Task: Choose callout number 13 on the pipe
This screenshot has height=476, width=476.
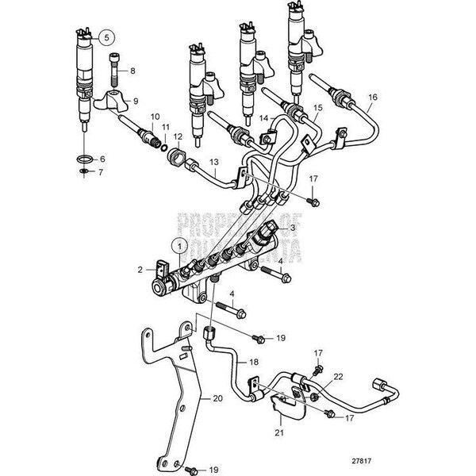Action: (x=213, y=163)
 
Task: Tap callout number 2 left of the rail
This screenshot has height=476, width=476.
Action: (x=140, y=270)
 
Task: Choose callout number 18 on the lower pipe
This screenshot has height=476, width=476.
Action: (x=254, y=361)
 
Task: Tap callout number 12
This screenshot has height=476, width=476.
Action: (x=178, y=136)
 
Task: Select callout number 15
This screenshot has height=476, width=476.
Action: (x=317, y=106)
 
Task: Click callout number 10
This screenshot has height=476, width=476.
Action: (x=155, y=117)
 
